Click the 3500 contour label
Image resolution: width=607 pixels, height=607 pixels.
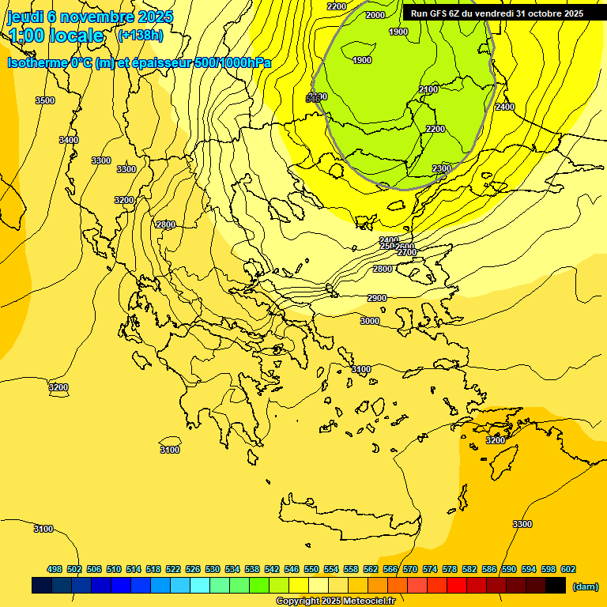pos(45,100)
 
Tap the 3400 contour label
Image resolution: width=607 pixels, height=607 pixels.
pos(69,140)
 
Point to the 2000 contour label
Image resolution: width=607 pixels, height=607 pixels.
pos(375,15)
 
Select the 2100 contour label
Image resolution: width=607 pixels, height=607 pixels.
pos(428,90)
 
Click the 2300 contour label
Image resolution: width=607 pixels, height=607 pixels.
pos(442,168)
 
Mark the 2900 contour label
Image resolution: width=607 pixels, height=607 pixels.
pos(377,298)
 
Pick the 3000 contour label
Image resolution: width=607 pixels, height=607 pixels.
pos(370,321)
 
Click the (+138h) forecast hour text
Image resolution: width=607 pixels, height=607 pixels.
pos(140,36)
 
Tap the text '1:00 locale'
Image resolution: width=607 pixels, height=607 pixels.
pos(56,36)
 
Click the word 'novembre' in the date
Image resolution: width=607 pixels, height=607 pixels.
pos(96,17)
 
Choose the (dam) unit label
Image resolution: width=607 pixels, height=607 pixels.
pos(585,586)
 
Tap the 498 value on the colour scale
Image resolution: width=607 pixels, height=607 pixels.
pos(55,569)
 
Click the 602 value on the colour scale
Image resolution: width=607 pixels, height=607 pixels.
pos(568,569)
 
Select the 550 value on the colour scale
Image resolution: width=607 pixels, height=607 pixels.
pos(311,569)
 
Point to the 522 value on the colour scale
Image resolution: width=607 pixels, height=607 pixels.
pos(173,569)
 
